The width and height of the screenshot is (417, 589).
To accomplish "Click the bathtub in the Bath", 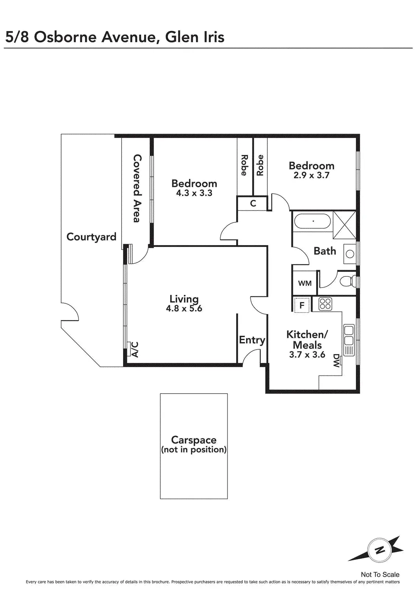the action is coord(313,221).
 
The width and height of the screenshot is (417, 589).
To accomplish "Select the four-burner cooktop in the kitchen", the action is coord(325,304).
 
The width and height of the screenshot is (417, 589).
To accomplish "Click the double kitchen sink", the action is coord(348,340).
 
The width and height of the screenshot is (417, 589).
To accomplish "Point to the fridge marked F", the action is coord(302,305).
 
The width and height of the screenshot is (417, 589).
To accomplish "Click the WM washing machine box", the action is coord(305,283).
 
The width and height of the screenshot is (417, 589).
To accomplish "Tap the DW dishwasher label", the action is coord(336,361).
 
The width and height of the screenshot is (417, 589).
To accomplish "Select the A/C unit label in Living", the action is coord(134,349).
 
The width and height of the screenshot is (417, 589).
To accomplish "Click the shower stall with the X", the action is coord(344,225).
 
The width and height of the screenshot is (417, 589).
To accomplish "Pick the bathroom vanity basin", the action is coord(350,254).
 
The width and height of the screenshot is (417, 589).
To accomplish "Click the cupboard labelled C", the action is coord(253,203).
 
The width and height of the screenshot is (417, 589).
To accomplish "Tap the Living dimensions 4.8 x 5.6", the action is coord(184,308).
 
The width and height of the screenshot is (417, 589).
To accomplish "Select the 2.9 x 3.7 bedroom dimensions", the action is coord(311,175).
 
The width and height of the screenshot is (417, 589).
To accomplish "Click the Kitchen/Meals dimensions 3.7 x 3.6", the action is coord(307,355).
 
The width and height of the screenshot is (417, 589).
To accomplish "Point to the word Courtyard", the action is coord(91,237).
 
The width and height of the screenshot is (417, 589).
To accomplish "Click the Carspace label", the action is coord(194,440).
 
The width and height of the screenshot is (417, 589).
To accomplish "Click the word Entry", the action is coord(252,340).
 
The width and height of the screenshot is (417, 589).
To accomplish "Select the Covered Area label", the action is coord(137,188).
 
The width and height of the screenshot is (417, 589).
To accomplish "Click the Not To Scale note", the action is coord(380,574).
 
